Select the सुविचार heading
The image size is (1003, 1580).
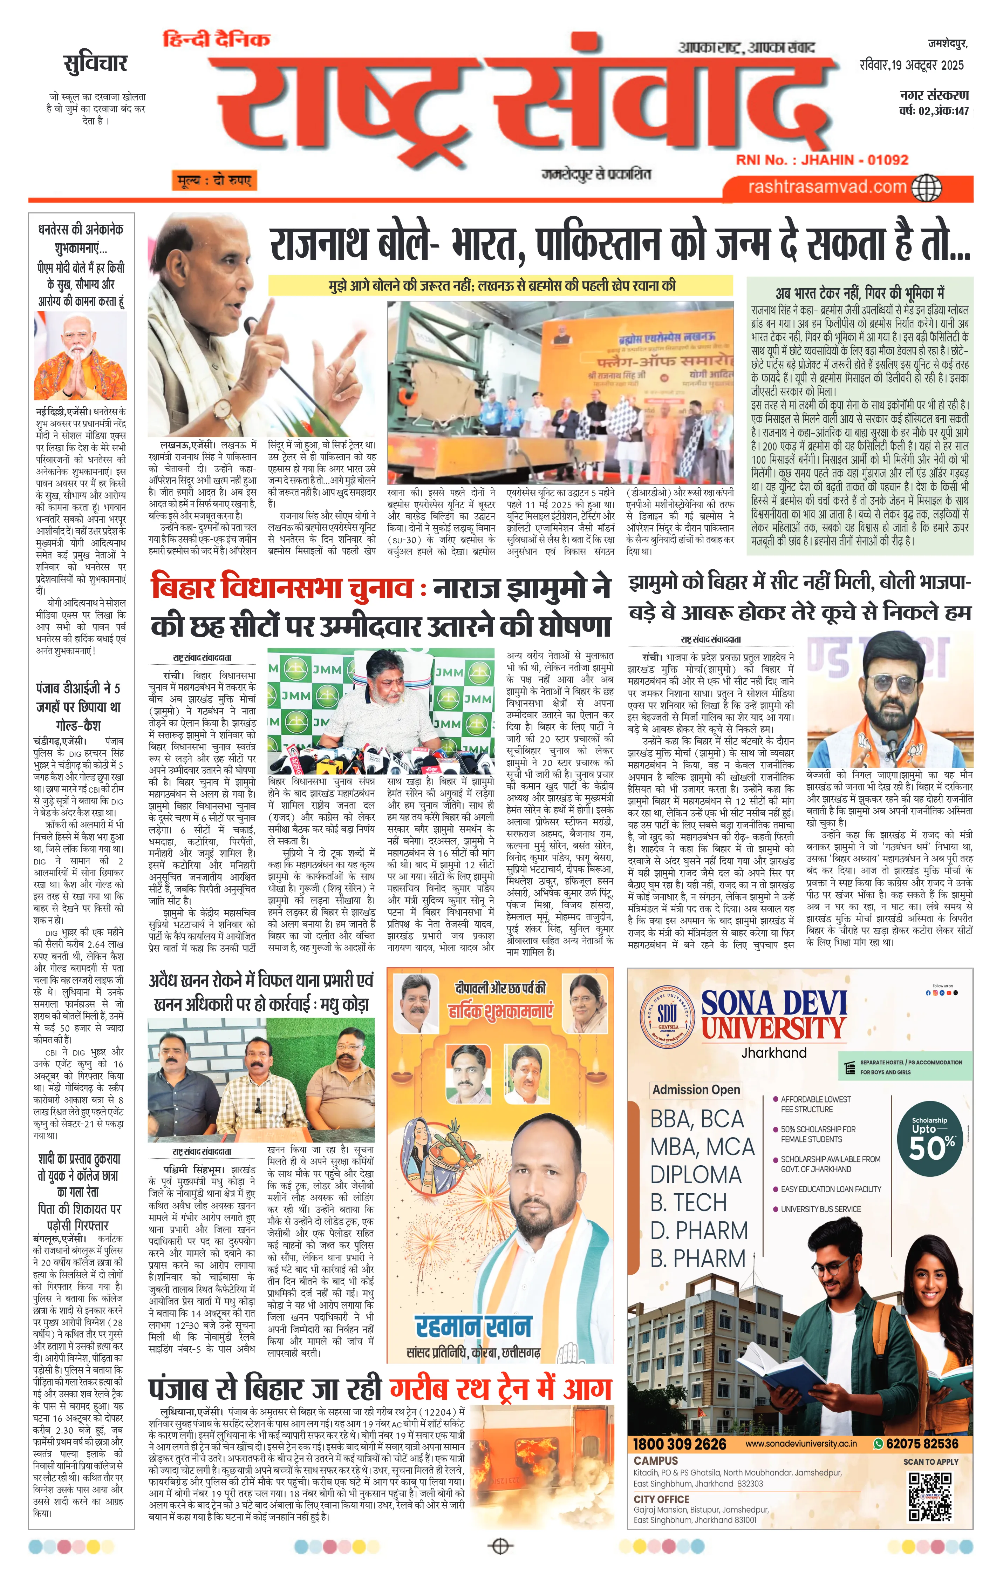pyautogui.click(x=95, y=64)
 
